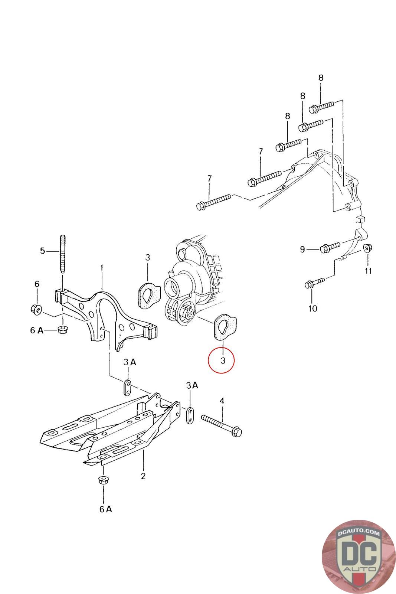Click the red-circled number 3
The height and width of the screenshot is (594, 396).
[x=222, y=360]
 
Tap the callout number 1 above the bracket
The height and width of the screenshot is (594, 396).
[x=102, y=267]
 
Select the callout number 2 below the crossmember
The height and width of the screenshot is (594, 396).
[x=143, y=476]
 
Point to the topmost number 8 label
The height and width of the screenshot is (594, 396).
[x=321, y=78]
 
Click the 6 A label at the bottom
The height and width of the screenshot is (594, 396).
[x=105, y=509]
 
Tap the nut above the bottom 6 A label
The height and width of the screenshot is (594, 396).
[x=102, y=479]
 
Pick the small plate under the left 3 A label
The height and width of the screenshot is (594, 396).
[x=127, y=388]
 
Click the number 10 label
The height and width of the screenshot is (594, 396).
[x=312, y=308]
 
